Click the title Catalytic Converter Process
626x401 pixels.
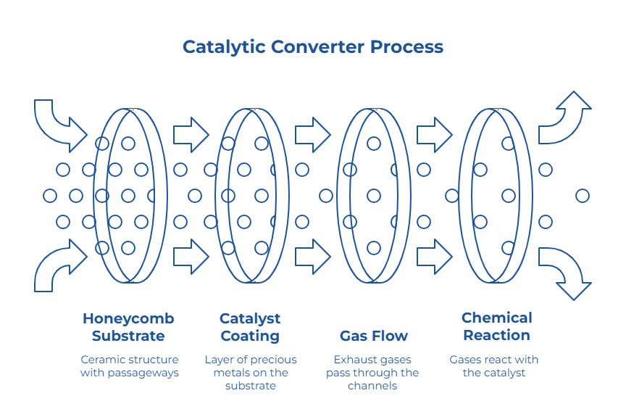(x=312, y=47)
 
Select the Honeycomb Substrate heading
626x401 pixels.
(x=128, y=327)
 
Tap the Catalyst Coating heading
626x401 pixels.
(x=250, y=327)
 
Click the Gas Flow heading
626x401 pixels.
(x=373, y=336)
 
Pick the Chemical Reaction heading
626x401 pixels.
(x=496, y=326)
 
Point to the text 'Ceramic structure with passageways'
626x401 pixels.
(x=129, y=366)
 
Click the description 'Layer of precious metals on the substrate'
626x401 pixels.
(x=250, y=373)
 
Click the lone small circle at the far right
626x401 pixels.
(x=582, y=196)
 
